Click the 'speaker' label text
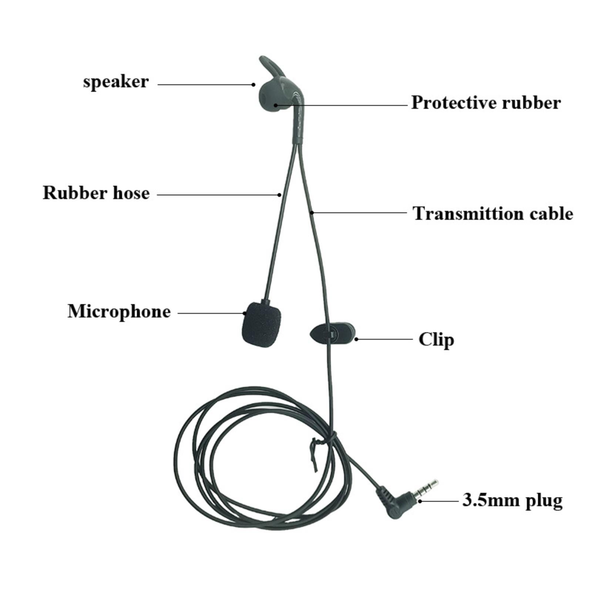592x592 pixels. [x=116, y=82]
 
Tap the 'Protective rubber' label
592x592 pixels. [x=486, y=102]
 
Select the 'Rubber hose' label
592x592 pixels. [x=96, y=193]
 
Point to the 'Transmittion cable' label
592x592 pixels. [x=493, y=213]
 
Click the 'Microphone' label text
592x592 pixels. [x=119, y=311]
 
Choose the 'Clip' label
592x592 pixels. [x=436, y=339]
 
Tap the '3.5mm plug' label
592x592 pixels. [x=512, y=500]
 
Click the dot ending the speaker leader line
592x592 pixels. [x=253, y=84]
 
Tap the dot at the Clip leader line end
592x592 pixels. [x=356, y=339]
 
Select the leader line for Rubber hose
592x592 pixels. [x=219, y=194]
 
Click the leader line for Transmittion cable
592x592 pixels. [x=359, y=212]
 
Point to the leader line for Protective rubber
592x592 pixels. [x=341, y=105]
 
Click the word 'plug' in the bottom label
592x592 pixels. [x=545, y=501]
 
